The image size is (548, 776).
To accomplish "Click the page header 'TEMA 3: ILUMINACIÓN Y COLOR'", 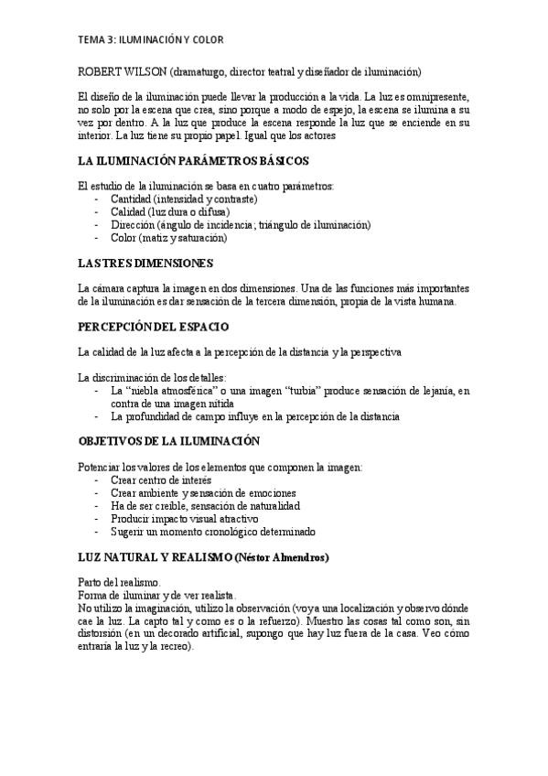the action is coord(151,40).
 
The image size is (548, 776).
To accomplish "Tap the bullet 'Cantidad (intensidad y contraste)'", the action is coord(183,199).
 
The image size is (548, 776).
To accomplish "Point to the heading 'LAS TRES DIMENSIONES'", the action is coord(145,263).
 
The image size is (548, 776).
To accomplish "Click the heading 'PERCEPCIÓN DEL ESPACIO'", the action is coord(154,327).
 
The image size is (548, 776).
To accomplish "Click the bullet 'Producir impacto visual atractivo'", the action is coord(183,518).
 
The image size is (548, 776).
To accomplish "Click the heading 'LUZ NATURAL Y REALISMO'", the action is coord(155,556).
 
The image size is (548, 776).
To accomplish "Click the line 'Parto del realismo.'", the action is coord(121,582).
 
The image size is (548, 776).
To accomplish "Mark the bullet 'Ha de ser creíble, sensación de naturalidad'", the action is coord(205,505).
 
